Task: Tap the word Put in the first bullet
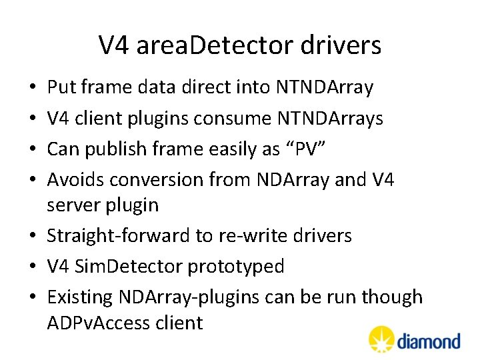coord(62,87)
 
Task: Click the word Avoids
coord(75,179)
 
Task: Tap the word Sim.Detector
coord(131,267)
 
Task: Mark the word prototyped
coord(236,267)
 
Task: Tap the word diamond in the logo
coord(429,341)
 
